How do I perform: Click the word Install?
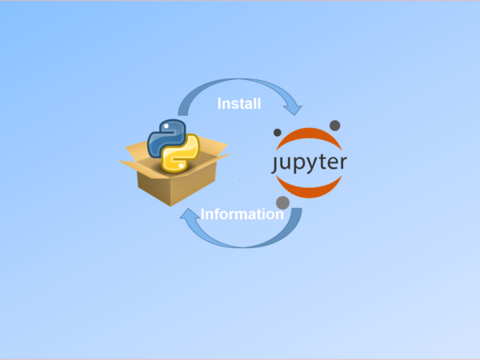(x=239, y=103)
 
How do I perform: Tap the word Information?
(x=242, y=214)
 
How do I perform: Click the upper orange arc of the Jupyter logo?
(x=310, y=138)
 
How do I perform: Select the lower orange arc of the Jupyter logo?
(x=310, y=189)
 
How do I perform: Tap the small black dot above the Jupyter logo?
(x=277, y=132)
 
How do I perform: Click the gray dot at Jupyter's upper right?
(x=334, y=125)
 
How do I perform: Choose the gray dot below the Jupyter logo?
(x=282, y=202)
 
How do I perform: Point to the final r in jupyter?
(x=343, y=163)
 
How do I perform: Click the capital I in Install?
(x=220, y=103)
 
